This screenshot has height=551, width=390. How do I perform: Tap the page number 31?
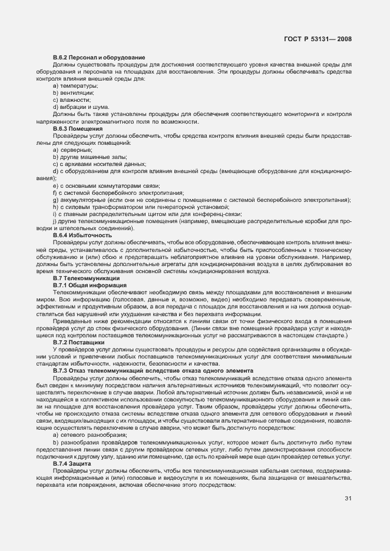click(348, 499)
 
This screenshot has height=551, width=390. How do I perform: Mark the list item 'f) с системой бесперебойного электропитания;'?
click(110, 192)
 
